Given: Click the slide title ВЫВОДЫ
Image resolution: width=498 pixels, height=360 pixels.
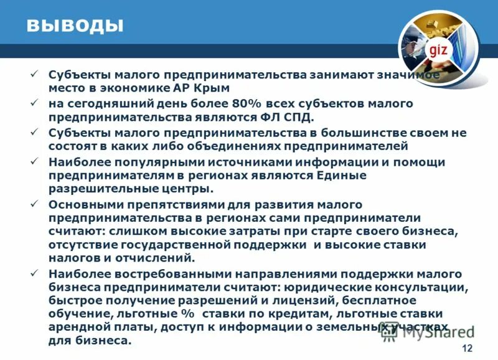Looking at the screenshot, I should pos(74,26).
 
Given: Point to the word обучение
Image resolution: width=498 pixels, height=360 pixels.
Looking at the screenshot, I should pos(76,313).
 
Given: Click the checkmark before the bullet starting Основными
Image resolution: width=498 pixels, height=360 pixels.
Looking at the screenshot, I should pos(35,204).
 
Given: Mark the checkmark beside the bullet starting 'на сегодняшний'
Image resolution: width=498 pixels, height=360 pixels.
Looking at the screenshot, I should pos(35,103).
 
